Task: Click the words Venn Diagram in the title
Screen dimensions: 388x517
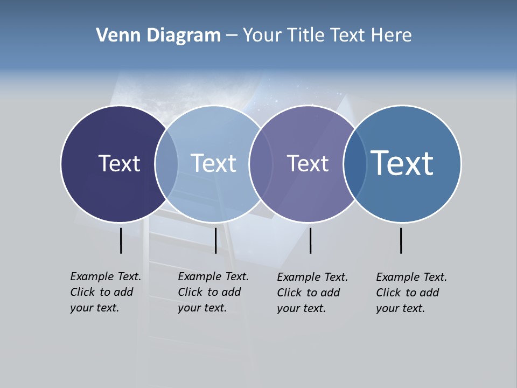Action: point(158,36)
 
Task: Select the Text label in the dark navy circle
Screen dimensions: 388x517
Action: point(119,163)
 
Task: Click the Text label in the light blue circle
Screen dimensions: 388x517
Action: point(213,163)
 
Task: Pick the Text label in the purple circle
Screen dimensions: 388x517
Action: point(308,163)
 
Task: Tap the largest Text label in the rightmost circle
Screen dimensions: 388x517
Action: point(402,163)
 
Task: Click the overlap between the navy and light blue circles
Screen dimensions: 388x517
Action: point(166,163)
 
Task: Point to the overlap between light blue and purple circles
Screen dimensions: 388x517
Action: point(260,163)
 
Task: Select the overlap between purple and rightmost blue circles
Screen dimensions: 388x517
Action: point(354,163)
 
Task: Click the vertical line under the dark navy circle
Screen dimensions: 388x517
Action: point(121,240)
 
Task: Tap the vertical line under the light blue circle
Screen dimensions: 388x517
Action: point(215,240)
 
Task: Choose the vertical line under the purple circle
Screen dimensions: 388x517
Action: point(310,240)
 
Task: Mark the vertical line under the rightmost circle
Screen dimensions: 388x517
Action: point(401,240)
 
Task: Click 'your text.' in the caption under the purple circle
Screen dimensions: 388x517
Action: point(301,308)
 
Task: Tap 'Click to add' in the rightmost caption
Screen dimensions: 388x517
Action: point(408,293)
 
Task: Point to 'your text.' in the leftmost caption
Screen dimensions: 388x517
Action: point(94,308)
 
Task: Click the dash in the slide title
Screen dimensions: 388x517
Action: point(232,36)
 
